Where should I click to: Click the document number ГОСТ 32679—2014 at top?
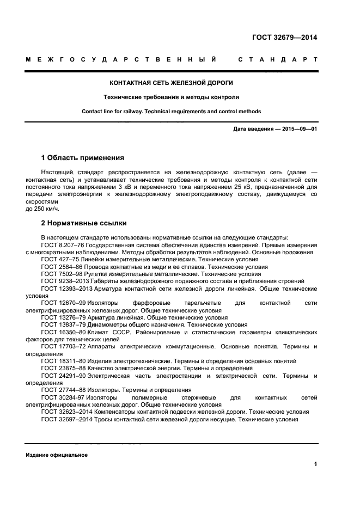coord(284,38)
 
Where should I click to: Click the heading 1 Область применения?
coord(82,158)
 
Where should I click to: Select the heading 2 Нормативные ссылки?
coord(83,223)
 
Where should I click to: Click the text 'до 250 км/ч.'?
coord(42,208)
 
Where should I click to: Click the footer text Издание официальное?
coord(56,455)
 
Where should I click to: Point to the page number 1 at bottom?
coord(315,464)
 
